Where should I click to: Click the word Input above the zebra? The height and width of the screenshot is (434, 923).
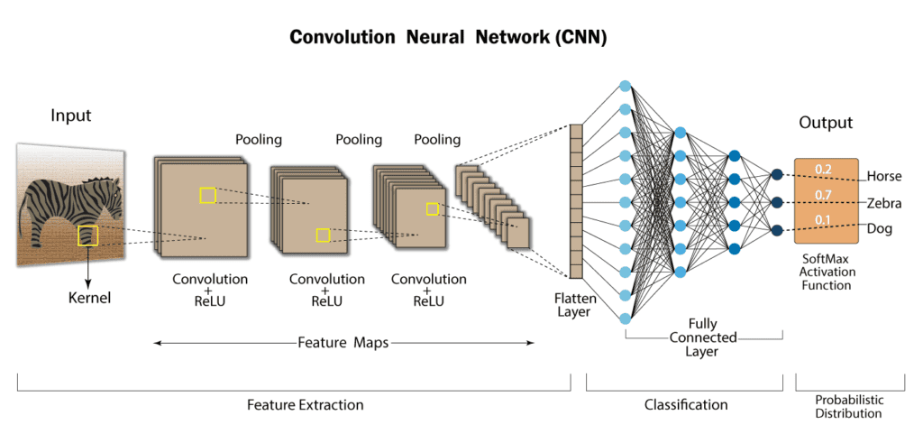[71, 115]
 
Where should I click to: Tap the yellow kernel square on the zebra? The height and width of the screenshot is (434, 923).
[87, 235]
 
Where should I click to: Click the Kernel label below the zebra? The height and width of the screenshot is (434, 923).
[89, 297]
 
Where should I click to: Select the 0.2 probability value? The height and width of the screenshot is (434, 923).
[823, 169]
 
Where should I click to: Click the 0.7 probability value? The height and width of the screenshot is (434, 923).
[823, 195]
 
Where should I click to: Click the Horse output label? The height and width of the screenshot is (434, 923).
[883, 176]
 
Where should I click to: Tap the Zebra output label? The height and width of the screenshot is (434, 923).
[883, 203]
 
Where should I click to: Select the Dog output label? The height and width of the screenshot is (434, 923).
[879, 229]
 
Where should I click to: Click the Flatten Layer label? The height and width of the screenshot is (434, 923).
[573, 305]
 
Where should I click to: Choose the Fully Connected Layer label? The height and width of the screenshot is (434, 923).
[702, 337]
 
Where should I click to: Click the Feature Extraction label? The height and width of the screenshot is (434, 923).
[305, 405]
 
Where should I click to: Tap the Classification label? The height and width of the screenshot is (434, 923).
[686, 405]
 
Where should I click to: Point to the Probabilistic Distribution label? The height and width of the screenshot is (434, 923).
[848, 407]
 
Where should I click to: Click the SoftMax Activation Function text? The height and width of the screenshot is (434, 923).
[827, 272]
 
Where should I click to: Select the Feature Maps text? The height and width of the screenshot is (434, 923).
[343, 343]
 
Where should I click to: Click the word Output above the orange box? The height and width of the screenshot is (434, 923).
[826, 123]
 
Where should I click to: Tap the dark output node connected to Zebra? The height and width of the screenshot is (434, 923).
[776, 202]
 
